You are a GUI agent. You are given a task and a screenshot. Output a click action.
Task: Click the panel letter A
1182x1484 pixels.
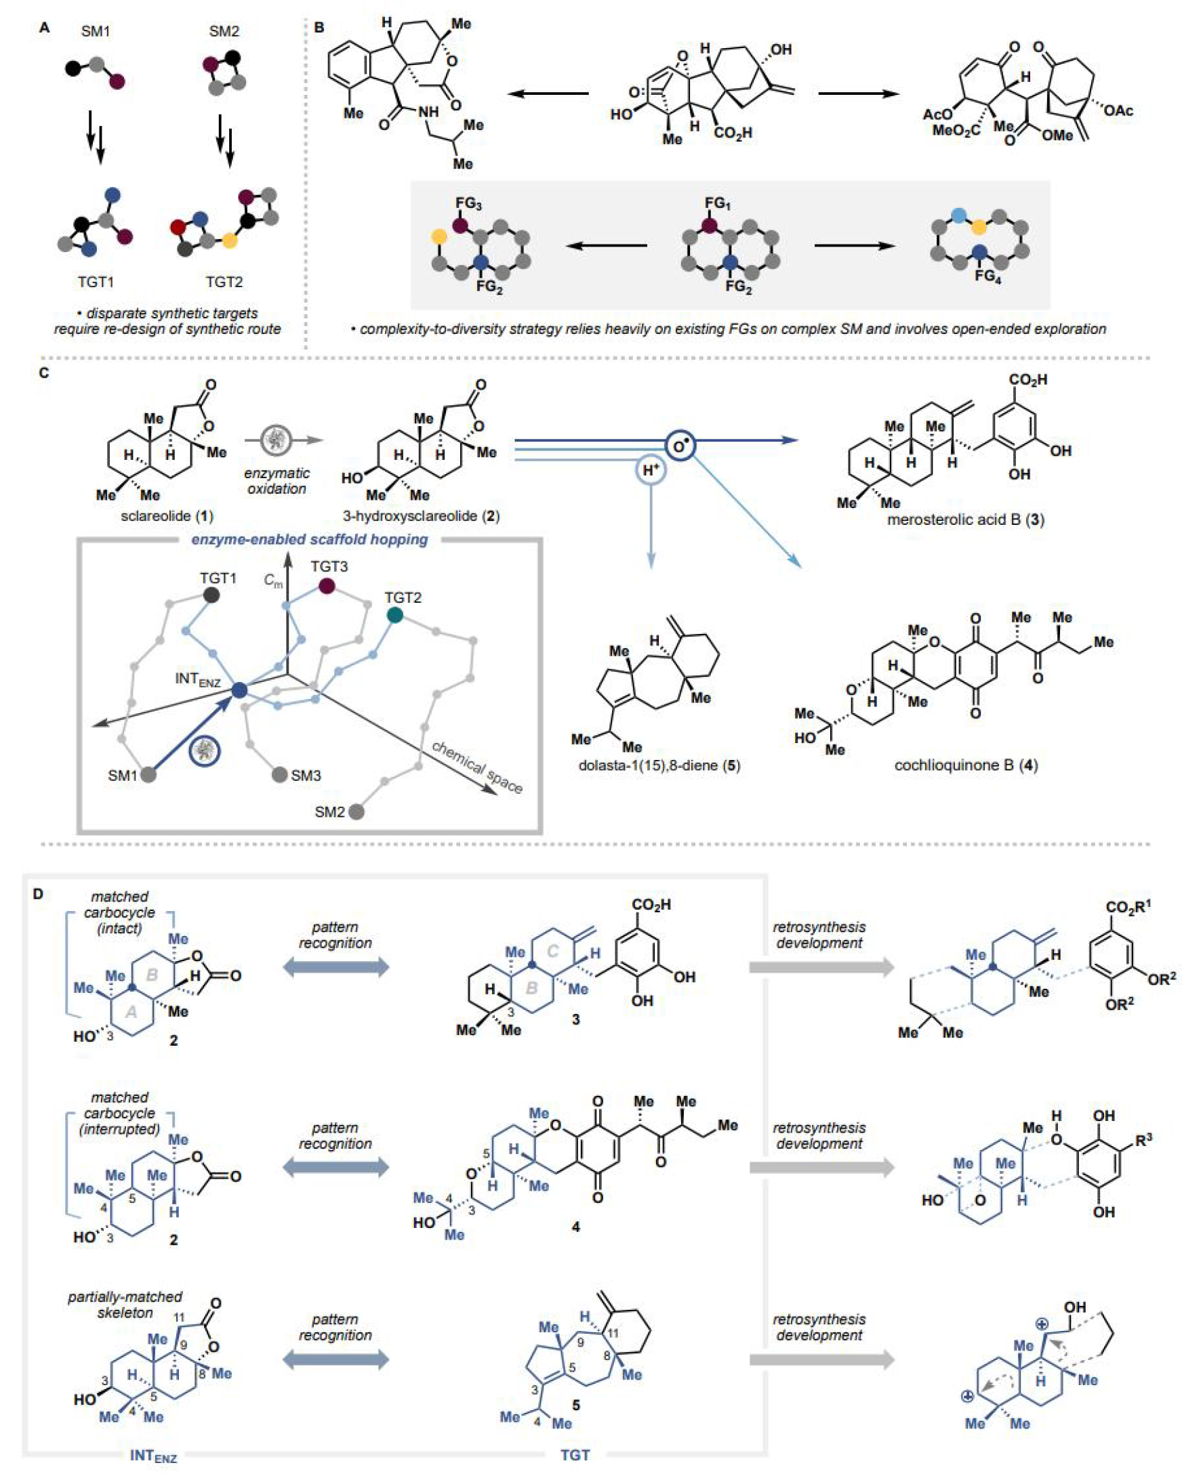[x=44, y=28]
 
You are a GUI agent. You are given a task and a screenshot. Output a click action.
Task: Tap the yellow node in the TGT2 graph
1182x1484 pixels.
[x=230, y=241]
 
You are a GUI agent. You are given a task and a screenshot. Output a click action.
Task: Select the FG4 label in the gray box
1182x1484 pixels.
[x=987, y=277]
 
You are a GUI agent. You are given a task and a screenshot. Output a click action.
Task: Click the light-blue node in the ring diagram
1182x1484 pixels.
[x=958, y=215]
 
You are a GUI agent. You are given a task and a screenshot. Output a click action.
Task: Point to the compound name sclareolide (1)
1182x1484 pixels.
[x=167, y=515]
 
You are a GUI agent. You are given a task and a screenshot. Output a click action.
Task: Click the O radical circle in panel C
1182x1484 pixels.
[x=680, y=446]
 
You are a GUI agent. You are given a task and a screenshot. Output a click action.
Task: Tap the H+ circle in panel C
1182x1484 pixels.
[x=650, y=471]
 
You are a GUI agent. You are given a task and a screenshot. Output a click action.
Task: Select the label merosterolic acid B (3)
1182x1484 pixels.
[x=965, y=520]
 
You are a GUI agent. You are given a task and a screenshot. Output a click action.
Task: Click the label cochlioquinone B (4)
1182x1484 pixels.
[x=966, y=765]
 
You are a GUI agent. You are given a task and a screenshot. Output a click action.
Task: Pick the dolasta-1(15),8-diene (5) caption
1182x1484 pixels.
[x=659, y=765]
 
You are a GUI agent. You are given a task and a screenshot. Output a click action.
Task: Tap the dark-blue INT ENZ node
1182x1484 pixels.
[x=239, y=690]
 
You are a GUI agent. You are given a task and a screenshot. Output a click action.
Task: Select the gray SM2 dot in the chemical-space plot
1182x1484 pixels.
[x=356, y=811]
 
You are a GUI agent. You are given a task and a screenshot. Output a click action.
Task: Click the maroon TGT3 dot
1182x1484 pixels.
[x=327, y=587]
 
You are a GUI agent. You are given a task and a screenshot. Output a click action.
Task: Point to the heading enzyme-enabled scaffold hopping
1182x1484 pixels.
[x=309, y=539]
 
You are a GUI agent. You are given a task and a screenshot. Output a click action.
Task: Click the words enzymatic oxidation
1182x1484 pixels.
[x=277, y=481]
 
